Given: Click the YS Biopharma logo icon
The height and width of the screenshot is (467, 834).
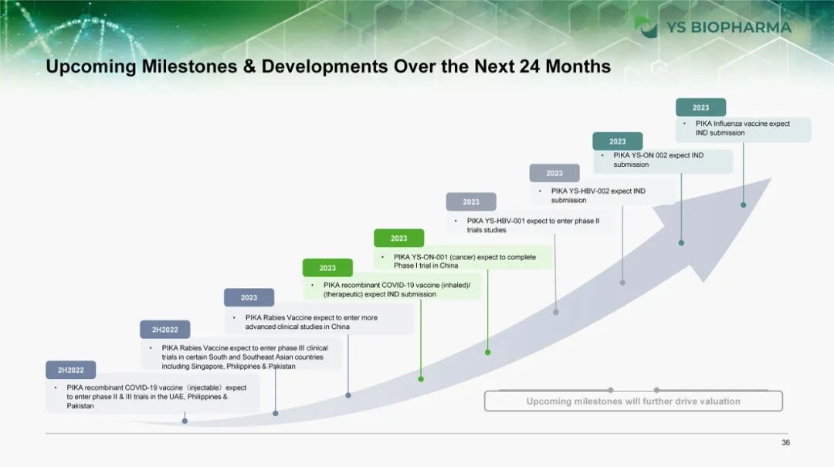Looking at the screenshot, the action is click(x=646, y=27).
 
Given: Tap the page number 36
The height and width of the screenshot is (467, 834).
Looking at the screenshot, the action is click(x=785, y=442).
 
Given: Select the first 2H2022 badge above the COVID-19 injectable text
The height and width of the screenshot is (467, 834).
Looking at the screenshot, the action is click(x=71, y=371).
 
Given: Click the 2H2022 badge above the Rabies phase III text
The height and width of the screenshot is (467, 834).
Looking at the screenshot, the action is click(x=165, y=330).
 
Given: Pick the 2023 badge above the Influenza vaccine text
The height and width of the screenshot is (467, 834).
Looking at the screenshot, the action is click(x=700, y=107).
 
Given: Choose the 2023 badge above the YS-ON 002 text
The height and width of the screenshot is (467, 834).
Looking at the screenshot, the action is click(x=618, y=141).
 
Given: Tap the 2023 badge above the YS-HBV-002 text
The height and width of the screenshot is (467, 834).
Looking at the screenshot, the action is click(x=554, y=174).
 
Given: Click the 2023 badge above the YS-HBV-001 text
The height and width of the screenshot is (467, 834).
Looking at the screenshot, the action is click(x=471, y=202).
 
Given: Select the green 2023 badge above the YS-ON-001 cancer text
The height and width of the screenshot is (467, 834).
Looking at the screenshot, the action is click(x=399, y=239).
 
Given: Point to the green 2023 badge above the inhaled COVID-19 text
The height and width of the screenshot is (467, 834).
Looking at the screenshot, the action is click(x=327, y=268).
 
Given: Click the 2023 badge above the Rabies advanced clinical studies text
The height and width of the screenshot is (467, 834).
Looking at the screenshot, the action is click(x=249, y=298).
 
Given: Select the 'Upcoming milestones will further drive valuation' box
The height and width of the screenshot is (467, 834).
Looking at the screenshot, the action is click(x=633, y=401).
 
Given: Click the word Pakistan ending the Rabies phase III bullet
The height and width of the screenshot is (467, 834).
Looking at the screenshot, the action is click(x=282, y=367).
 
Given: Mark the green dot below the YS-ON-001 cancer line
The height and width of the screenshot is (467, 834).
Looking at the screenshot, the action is click(x=488, y=353).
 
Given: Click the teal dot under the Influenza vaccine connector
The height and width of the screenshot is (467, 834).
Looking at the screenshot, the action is click(x=744, y=205).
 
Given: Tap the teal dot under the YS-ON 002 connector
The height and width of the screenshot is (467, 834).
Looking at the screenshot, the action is click(x=681, y=243).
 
